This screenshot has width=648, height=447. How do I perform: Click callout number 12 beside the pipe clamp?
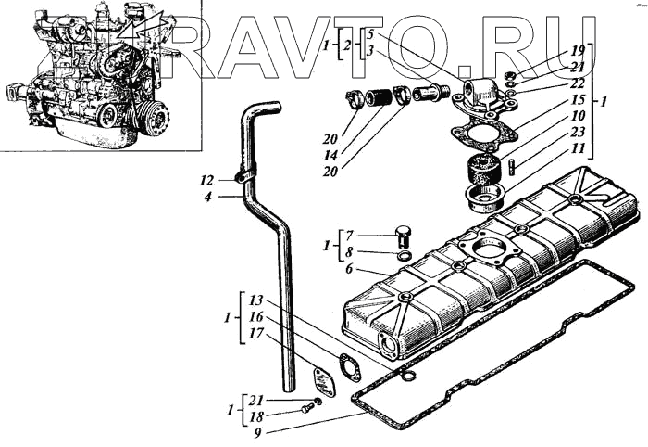point(206,179)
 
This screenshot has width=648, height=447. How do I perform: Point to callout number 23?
point(578,132)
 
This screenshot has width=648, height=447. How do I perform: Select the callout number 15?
point(578,99)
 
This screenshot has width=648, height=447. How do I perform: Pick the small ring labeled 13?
point(409,375)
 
